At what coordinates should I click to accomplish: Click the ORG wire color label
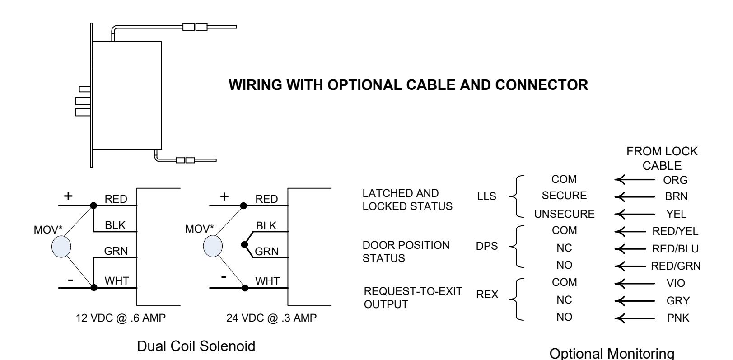(x=675, y=180)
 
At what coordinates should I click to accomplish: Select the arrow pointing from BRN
(x=635, y=196)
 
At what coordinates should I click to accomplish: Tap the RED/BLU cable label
(x=675, y=249)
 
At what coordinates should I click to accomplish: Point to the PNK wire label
(x=678, y=318)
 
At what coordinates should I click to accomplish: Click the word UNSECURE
(x=564, y=214)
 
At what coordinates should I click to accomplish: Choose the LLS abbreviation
(x=486, y=196)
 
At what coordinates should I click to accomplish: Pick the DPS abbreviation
(x=486, y=246)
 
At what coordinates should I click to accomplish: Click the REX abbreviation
(x=487, y=295)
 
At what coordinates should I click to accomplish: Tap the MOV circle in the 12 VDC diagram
(x=61, y=247)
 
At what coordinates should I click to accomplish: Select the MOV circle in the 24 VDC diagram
(x=213, y=247)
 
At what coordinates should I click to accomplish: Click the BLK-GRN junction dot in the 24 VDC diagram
(x=244, y=244)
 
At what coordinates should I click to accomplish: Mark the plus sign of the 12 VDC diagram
(x=68, y=196)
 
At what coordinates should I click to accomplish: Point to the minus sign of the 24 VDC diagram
(x=224, y=277)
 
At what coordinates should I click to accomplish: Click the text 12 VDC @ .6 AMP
(x=121, y=318)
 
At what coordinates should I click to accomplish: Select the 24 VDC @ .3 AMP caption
(x=271, y=318)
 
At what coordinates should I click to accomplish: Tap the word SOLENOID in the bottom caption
(x=227, y=346)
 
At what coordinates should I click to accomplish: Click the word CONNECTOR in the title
(x=542, y=85)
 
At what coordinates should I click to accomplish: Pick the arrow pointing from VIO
(x=635, y=283)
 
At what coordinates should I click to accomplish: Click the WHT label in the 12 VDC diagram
(x=117, y=281)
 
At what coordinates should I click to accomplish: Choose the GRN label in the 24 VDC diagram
(x=267, y=251)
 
